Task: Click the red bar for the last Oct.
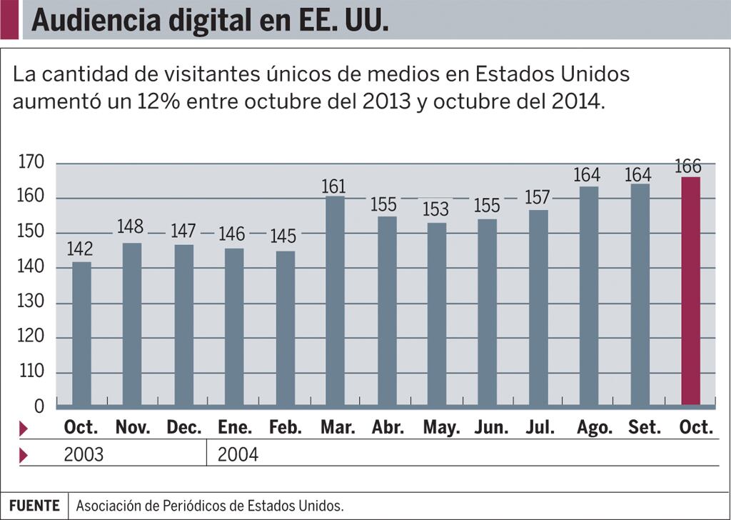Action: pyautogui.click(x=690, y=291)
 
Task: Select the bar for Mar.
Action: pyautogui.click(x=336, y=301)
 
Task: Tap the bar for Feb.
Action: pyautogui.click(x=285, y=328)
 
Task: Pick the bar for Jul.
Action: pyautogui.click(x=538, y=307)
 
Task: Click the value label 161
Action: pyautogui.click(x=333, y=186)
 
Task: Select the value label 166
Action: pyautogui.click(x=687, y=166)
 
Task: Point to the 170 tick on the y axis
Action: pyautogui.click(x=31, y=163)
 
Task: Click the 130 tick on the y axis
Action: pyautogui.click(x=31, y=303)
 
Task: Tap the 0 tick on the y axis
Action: pyautogui.click(x=39, y=406)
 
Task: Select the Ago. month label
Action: pyautogui.click(x=595, y=428)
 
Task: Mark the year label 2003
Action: pyautogui.click(x=84, y=454)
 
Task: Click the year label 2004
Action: pyautogui.click(x=238, y=454)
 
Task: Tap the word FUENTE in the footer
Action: pyautogui.click(x=34, y=506)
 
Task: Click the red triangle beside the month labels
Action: pyautogui.click(x=24, y=429)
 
